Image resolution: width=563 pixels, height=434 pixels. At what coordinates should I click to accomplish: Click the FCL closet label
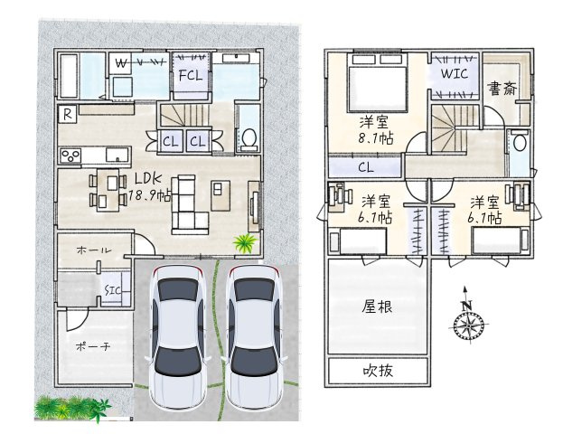pyautogui.click(x=191, y=75)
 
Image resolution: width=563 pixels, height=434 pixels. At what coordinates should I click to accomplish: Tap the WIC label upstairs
pyautogui.click(x=455, y=73)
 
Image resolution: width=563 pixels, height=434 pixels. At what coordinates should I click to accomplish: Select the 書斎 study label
pyautogui.click(x=502, y=89)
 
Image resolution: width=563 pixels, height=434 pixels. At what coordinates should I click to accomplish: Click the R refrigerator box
pyautogui.click(x=67, y=115)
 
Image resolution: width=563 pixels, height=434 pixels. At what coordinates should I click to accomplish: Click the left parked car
pyautogui.click(x=178, y=336)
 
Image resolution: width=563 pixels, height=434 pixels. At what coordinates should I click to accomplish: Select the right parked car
pyautogui.click(x=255, y=336)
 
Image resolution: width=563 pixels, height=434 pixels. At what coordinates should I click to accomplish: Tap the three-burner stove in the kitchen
pyautogui.click(x=70, y=156)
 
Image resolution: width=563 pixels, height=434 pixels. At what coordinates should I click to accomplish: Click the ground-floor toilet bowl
pyautogui.click(x=249, y=137)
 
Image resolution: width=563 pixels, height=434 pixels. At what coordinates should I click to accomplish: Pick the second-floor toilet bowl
pyautogui.click(x=520, y=143)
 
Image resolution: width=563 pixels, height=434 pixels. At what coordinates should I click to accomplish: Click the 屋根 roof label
pyautogui.click(x=377, y=307)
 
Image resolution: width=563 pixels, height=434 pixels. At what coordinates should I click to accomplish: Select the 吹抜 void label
pyautogui.click(x=378, y=370)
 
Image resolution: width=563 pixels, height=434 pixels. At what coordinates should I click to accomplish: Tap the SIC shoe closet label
pyautogui.click(x=112, y=290)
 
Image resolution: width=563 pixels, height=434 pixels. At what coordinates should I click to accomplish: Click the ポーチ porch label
pyautogui.click(x=93, y=346)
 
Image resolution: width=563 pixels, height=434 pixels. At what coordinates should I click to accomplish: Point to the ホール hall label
pyautogui.click(x=94, y=250)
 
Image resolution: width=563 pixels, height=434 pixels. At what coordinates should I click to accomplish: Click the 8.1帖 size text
pyautogui.click(x=376, y=138)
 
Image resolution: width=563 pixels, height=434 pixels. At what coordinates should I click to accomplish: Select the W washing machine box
pyautogui.click(x=120, y=63)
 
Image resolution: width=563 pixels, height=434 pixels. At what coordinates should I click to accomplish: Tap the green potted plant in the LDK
pyautogui.click(x=246, y=243)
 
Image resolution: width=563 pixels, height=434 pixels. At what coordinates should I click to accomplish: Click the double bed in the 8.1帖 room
pyautogui.click(x=377, y=82)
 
